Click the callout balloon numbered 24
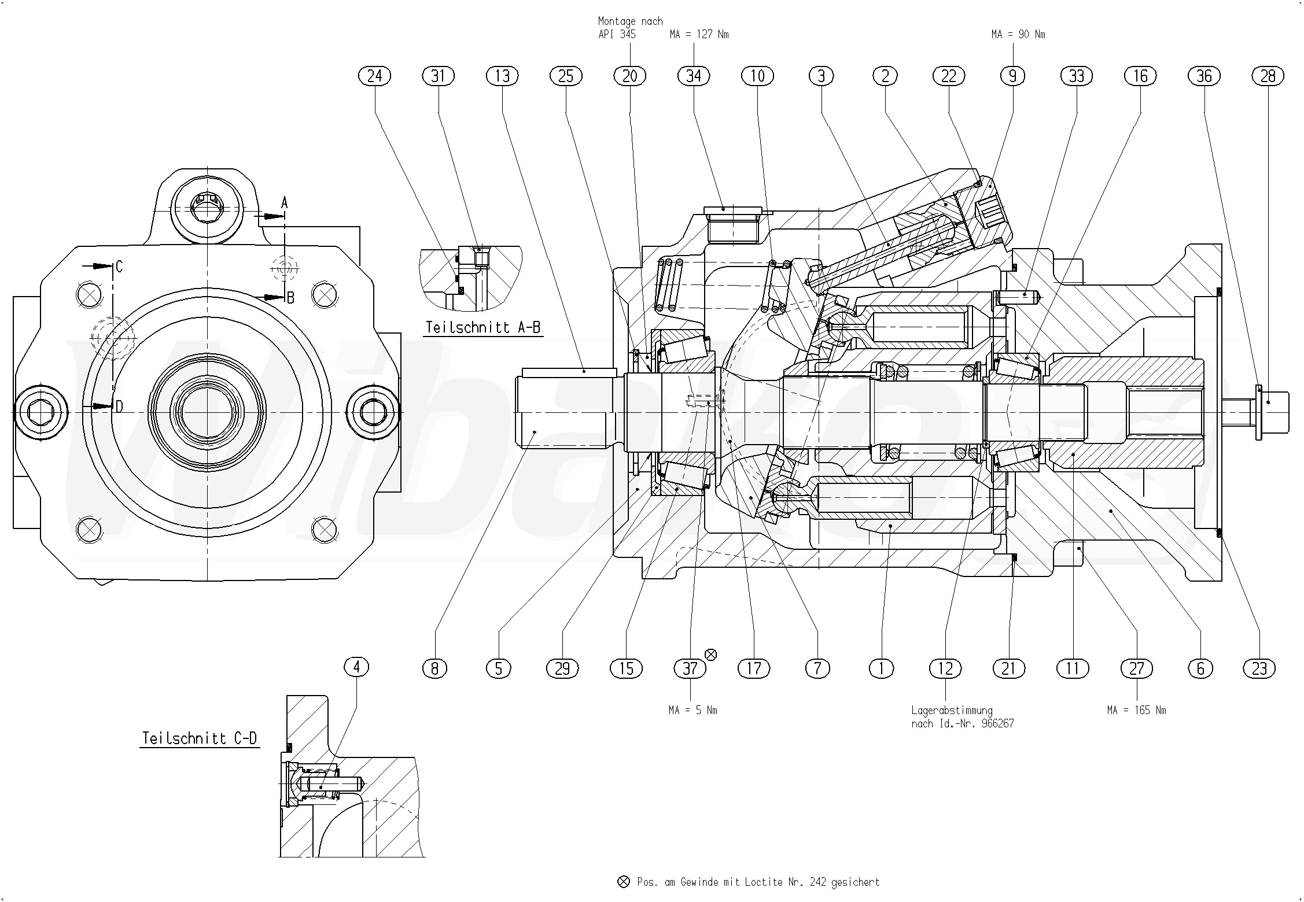375,76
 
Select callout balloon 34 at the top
694,76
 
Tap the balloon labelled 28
1268,76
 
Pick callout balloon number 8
434,668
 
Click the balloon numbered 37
690,668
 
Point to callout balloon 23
1259,668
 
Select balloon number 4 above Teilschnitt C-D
356,667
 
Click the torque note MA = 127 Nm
699,35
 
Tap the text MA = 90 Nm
1018,35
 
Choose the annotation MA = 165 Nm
1136,710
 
